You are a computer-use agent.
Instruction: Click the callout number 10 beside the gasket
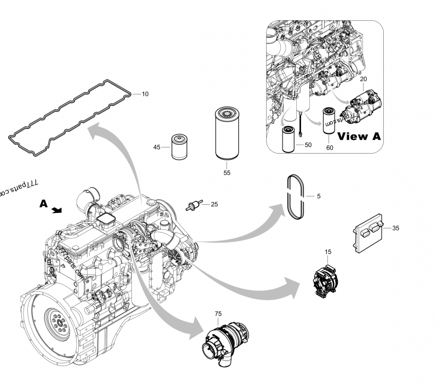145,94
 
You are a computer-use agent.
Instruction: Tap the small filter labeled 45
179,146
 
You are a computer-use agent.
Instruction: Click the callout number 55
226,172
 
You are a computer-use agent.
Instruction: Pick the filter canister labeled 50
289,138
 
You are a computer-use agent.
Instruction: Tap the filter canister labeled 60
330,119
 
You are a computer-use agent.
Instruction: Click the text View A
359,137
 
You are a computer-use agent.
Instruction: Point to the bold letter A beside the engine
44,204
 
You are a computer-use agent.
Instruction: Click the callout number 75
218,313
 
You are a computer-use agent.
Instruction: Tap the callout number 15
328,252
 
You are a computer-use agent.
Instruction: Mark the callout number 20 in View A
363,79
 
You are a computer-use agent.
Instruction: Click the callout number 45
157,148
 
